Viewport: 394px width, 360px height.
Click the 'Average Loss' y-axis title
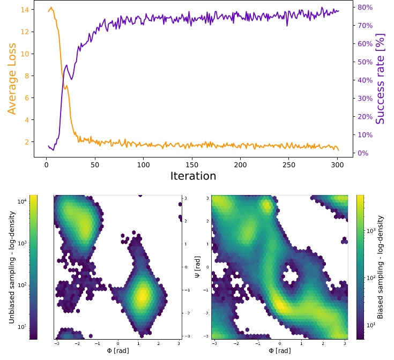(x=12, y=79)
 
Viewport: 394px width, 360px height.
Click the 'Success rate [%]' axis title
(x=380, y=79)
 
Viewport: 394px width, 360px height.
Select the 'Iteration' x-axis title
(x=193, y=176)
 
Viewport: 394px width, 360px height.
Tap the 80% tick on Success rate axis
(x=366, y=7)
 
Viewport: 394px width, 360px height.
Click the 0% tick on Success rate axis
(x=364, y=153)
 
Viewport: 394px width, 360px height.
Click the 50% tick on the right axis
(x=366, y=62)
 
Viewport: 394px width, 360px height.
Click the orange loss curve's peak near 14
(x=51, y=8)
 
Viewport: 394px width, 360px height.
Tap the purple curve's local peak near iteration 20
(x=66, y=65)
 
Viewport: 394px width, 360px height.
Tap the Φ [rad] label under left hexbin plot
(x=117, y=351)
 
